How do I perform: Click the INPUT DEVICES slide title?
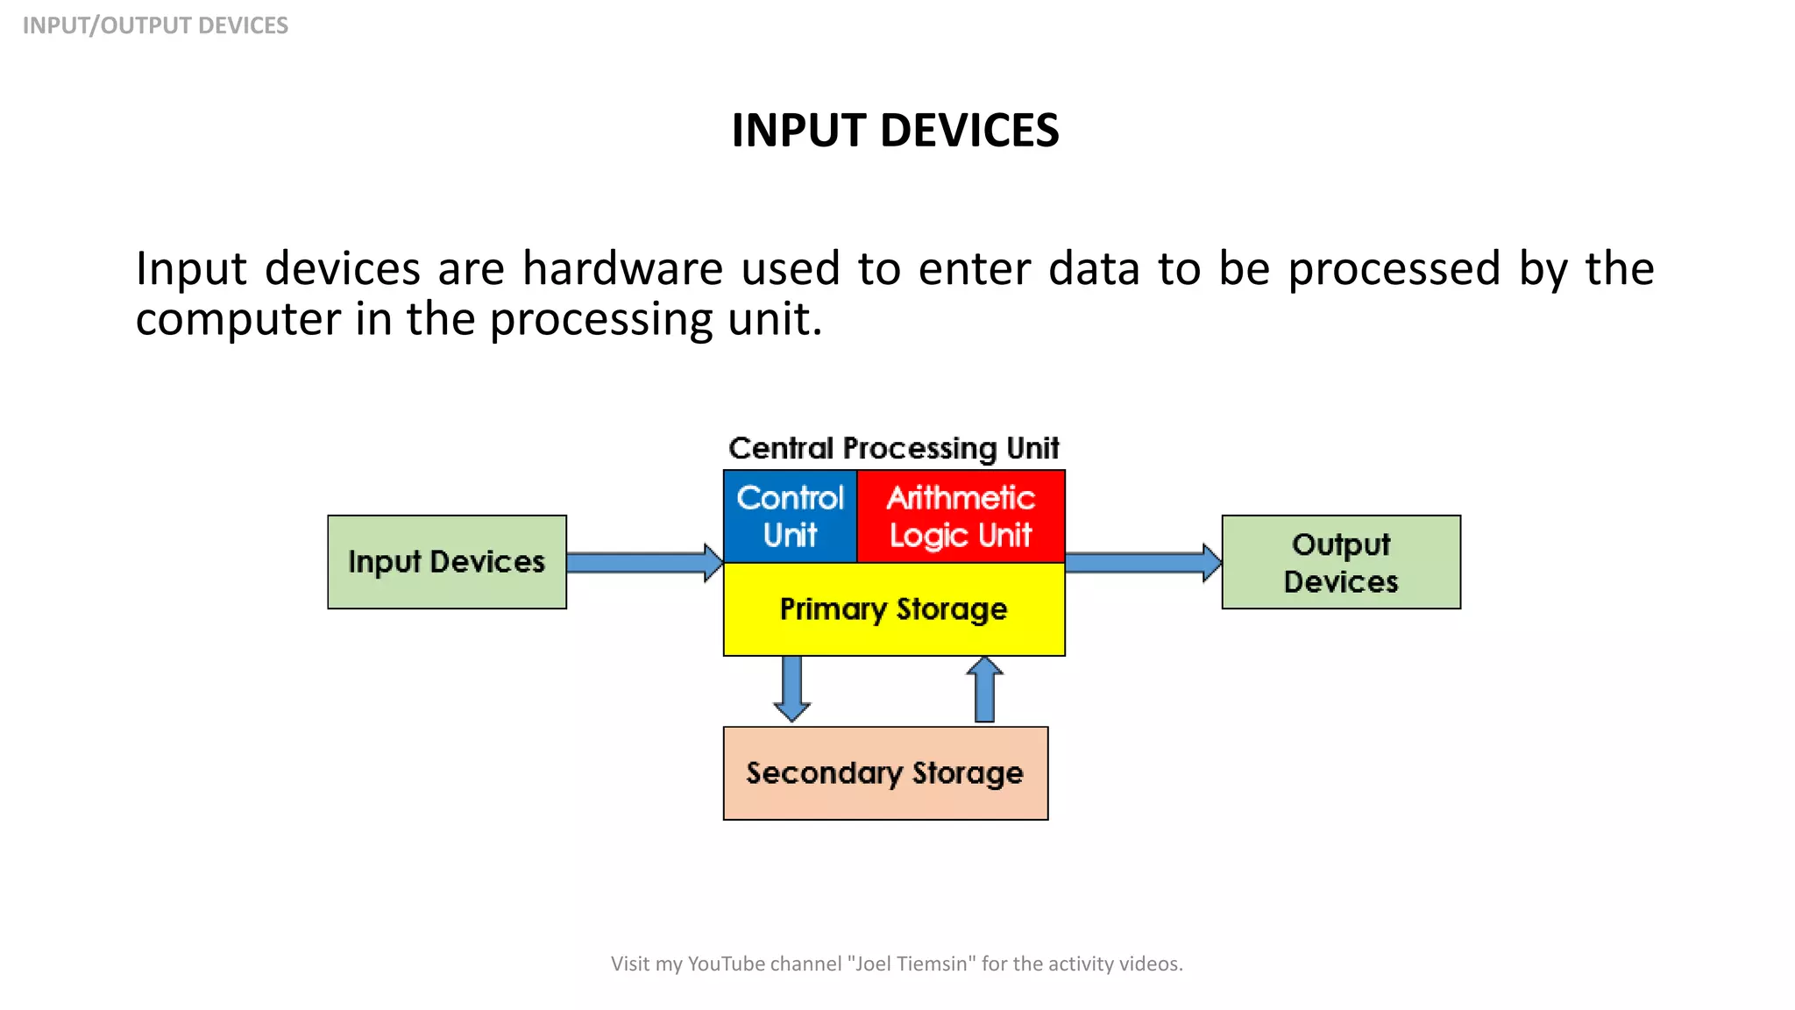[895, 131]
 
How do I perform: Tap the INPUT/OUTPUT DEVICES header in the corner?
[155, 25]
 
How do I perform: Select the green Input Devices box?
[447, 562]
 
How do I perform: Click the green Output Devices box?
[1340, 562]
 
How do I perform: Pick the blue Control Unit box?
[790, 516]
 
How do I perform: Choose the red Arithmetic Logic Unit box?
[961, 516]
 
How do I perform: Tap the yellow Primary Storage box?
[893, 609]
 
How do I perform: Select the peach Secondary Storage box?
[884, 773]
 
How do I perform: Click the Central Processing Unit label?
[893, 449]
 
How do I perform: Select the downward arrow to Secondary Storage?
[791, 689]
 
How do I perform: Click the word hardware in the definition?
[622, 268]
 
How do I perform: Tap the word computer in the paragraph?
[238, 319]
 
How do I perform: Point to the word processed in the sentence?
[1394, 268]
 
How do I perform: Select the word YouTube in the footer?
[727, 964]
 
